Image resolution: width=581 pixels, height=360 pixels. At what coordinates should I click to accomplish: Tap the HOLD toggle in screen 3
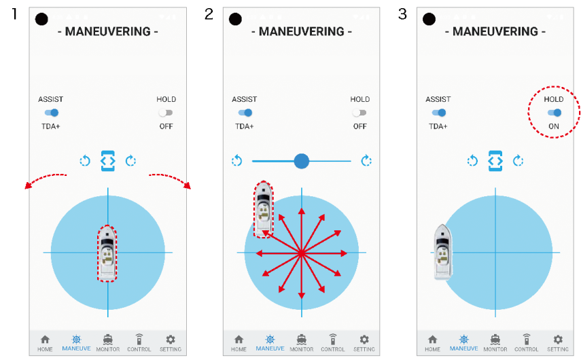554,113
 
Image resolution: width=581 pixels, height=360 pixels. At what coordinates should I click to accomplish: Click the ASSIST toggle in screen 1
52,113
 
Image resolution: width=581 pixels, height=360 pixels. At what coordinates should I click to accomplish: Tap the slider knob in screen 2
302,161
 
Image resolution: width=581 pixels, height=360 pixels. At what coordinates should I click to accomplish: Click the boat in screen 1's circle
107,253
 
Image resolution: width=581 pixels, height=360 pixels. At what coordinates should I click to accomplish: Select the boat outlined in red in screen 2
264,209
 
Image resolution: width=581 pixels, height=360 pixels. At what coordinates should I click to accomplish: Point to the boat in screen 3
443,252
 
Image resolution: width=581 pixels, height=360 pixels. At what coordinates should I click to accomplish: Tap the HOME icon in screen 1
46,339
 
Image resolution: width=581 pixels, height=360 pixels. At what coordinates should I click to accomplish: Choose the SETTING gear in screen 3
558,339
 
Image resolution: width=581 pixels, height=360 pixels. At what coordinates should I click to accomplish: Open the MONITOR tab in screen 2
302,343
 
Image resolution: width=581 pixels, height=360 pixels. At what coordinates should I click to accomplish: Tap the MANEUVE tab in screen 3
464,343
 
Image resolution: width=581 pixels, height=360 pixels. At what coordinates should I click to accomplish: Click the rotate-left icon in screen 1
85,161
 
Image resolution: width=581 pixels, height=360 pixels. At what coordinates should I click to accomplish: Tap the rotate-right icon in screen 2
366,161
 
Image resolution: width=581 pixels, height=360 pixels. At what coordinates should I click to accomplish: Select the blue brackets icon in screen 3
495,161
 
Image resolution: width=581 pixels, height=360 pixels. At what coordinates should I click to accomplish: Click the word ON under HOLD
554,126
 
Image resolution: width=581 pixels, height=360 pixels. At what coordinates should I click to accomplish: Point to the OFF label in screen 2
359,126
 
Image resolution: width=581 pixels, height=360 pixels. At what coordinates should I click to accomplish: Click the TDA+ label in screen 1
51,126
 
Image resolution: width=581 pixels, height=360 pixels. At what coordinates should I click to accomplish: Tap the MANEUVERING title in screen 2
302,31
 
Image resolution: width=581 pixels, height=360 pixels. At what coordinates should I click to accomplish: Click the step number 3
402,14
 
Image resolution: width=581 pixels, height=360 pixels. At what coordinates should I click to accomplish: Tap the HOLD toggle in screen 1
166,113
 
